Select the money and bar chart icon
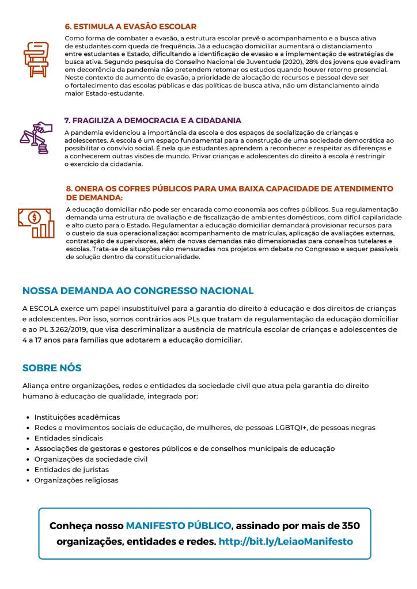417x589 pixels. coord(36,222)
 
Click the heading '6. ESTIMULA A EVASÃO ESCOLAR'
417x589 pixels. coord(131,26)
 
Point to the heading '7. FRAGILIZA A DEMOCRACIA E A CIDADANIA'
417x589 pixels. coord(153,120)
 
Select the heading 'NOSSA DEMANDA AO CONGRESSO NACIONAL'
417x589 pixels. coord(138,291)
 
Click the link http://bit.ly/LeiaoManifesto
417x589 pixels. coord(286,542)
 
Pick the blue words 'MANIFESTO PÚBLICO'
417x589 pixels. coord(179,526)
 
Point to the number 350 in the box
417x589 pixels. coord(350,526)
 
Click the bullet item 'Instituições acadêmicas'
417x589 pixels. coord(77,417)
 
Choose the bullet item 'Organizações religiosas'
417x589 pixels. coord(76,480)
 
